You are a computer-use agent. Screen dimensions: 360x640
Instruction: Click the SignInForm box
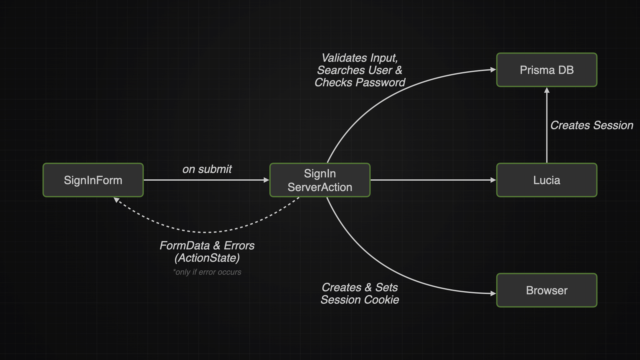[93, 180]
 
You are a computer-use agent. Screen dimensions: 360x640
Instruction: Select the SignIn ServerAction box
[320, 180]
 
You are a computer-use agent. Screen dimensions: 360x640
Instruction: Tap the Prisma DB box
[547, 70]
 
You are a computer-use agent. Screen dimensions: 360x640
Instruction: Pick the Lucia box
[547, 180]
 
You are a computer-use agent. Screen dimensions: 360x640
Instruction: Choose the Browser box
[547, 290]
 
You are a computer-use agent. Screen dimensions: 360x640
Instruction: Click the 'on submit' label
[207, 169]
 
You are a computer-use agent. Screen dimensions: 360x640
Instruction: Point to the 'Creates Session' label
[592, 125]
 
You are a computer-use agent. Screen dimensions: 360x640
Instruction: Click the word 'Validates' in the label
[340, 58]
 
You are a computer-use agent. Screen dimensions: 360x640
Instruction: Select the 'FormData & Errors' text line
[207, 246]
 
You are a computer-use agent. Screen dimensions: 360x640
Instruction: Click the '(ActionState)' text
[207, 258]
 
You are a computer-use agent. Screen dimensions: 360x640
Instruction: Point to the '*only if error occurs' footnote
[207, 272]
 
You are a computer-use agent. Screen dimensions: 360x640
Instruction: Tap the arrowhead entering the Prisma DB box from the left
[493, 70]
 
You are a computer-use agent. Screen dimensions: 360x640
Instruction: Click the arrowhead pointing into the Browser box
[493, 294]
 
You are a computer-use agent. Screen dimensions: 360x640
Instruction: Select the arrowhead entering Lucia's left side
[493, 180]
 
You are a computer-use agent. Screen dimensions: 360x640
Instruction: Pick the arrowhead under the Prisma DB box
[547, 90]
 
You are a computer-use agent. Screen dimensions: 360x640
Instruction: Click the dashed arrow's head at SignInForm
[116, 200]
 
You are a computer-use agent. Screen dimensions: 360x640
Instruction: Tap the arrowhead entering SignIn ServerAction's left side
[266, 180]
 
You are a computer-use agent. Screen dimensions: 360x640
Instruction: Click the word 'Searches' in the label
[336, 70]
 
